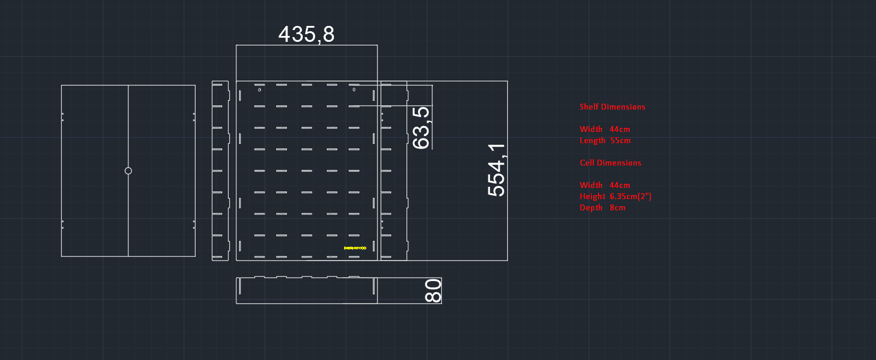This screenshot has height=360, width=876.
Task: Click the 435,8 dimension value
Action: [x=306, y=34]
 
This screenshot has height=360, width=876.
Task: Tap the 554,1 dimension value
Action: [x=497, y=170]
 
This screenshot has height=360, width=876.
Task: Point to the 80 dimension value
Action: [x=433, y=291]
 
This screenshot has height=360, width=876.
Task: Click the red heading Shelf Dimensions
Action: [x=612, y=107]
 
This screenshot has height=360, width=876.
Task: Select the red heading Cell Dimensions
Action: [x=610, y=163]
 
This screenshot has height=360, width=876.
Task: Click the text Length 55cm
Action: [x=605, y=141]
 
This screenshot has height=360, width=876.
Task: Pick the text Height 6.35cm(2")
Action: [x=615, y=196]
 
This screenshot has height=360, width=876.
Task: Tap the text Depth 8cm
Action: [x=602, y=207]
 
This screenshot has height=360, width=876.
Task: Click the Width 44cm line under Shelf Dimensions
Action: [x=604, y=129]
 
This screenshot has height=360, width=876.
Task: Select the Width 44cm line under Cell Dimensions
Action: [x=604, y=185]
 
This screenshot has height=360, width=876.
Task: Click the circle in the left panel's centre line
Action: [x=128, y=171]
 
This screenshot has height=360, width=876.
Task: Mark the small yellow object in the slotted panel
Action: [x=355, y=248]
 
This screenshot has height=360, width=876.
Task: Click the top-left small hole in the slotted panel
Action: [x=260, y=90]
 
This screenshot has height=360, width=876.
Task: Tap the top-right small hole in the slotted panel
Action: [x=354, y=90]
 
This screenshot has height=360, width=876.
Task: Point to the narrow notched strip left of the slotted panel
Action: [x=219, y=171]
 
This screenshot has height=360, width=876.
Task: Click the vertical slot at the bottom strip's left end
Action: [x=240, y=286]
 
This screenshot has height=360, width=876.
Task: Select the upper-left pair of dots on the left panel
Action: [x=63, y=117]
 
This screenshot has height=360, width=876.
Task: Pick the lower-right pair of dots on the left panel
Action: [x=194, y=224]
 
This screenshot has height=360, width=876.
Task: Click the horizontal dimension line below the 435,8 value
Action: [x=306, y=45]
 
